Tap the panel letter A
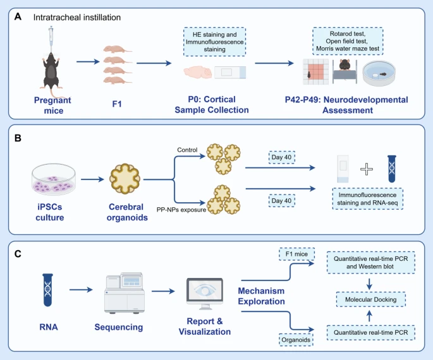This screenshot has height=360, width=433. click(18, 17)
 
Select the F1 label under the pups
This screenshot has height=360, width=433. click(117, 104)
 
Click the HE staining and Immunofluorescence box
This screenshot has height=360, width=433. click(214, 42)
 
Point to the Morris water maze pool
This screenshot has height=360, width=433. click(379, 73)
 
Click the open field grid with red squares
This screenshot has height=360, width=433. click(315, 72)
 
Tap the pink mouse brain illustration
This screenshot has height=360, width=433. click(198, 72)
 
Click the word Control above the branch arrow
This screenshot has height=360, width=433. click(187, 150)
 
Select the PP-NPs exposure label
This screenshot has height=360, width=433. click(181, 210)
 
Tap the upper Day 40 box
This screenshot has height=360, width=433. click(282, 157)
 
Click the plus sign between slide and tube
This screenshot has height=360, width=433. click(367, 169)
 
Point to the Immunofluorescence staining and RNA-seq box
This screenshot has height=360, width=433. click(367, 198)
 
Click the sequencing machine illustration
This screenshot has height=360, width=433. click(125, 293)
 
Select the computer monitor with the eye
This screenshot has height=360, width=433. click(205, 294)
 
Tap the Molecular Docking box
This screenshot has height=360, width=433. click(371, 299)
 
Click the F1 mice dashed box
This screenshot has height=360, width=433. click(296, 254)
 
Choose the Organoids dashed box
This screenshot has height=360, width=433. click(296, 340)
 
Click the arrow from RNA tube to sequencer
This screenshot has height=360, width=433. click(81, 290)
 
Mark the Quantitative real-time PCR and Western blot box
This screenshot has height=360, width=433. click(371, 262)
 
